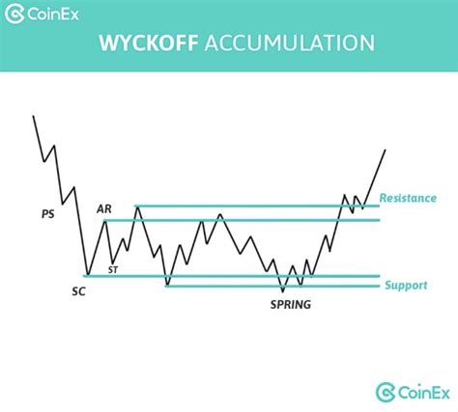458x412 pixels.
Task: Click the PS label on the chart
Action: click(x=48, y=214)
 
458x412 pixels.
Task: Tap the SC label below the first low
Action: click(x=78, y=291)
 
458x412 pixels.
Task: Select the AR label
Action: click(x=104, y=209)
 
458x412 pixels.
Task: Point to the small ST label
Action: click(x=113, y=270)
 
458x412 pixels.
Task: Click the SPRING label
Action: click(x=291, y=304)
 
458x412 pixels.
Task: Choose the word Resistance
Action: click(x=408, y=198)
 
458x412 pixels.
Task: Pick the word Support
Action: click(x=406, y=286)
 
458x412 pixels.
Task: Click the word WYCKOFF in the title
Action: click(x=148, y=43)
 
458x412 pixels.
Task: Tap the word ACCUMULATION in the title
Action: click(x=290, y=43)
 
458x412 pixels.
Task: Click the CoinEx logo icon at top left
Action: click(x=14, y=14)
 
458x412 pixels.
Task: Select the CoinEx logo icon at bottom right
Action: click(x=386, y=392)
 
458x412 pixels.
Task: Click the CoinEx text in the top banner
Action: click(x=53, y=14)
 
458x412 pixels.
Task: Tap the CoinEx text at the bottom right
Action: click(x=424, y=393)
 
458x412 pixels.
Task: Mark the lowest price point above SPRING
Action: click(x=283, y=291)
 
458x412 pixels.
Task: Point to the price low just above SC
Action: click(x=88, y=275)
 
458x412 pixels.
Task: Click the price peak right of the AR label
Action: click(x=138, y=206)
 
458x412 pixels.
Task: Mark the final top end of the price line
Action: click(x=386, y=150)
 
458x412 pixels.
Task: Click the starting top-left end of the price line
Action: click(x=33, y=116)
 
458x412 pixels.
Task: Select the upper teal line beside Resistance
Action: click(x=257, y=206)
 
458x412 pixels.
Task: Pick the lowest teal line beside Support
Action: click(x=272, y=286)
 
